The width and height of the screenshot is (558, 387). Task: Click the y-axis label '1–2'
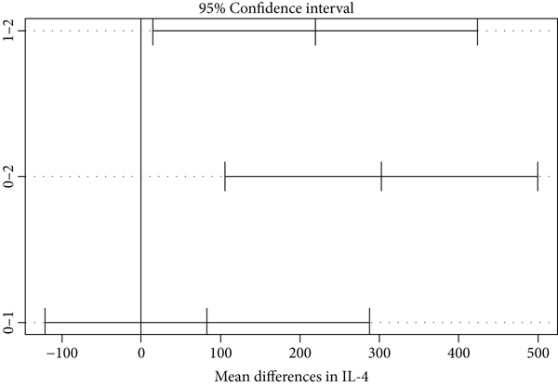click(x=9, y=31)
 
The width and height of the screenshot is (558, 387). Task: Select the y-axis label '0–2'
click(x=9, y=177)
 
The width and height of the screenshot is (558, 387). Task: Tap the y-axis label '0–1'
click(x=9, y=323)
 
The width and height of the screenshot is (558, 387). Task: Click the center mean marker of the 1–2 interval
click(x=315, y=31)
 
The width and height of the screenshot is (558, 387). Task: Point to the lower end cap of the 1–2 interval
click(x=153, y=31)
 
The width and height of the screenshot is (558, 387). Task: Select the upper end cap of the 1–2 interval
click(x=477, y=31)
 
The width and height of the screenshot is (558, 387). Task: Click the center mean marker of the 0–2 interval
click(x=381, y=177)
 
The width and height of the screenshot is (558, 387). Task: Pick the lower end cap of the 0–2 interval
click(x=225, y=177)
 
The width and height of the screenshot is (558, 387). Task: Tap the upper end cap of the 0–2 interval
click(x=538, y=177)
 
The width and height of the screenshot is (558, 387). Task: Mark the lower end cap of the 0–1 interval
click(x=45, y=323)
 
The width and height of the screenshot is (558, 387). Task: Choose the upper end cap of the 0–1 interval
click(x=369, y=323)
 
